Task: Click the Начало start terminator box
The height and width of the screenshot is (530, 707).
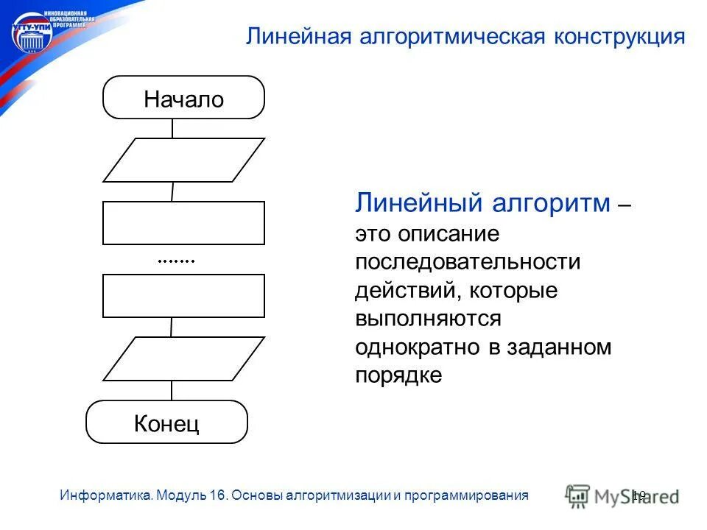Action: tap(183, 97)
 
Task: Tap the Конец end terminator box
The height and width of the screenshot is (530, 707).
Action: tap(167, 423)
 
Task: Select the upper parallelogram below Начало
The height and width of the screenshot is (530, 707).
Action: tap(183, 160)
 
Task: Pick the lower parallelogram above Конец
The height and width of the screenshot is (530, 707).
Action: tap(183, 358)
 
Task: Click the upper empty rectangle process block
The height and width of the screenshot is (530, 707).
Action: tap(183, 223)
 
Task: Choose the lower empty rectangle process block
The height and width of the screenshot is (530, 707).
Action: tap(183, 296)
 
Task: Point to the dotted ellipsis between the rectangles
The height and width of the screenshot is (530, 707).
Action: tap(177, 261)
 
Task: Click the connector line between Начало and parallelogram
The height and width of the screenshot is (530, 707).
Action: tap(172, 128)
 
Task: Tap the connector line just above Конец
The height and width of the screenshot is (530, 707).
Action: tap(172, 390)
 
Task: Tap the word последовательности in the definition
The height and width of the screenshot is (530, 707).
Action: tap(468, 262)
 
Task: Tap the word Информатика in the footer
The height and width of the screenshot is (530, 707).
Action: tap(106, 495)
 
